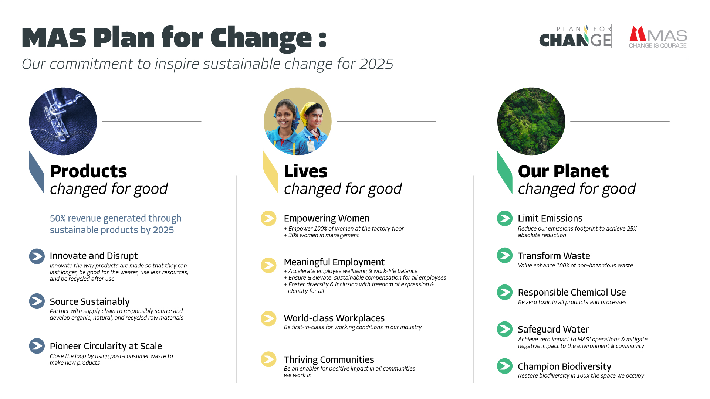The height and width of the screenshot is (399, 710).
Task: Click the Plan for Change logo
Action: coord(575,36)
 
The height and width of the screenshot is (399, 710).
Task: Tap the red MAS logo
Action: coord(658,37)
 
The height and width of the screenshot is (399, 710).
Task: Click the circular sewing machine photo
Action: coord(63,121)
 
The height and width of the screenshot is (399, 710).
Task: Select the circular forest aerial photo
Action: coord(531,121)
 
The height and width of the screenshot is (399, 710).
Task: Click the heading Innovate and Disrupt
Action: coord(94,256)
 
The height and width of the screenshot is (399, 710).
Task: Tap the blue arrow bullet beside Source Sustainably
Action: coord(37,301)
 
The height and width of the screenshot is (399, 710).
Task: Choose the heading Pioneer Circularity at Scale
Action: coord(106,346)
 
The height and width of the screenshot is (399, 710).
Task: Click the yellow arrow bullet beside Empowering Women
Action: coord(268,218)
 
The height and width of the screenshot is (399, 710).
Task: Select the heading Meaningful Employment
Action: coord(334,262)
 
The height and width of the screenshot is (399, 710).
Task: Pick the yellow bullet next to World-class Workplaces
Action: coord(268,318)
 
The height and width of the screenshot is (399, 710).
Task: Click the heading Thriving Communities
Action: coord(329,359)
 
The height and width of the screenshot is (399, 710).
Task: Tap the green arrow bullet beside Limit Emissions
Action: coord(505,218)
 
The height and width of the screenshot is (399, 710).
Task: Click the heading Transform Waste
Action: coord(554,256)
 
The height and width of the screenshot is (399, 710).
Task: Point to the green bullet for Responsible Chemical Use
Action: coord(505,292)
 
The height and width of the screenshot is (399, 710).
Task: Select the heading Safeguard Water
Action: coord(553,329)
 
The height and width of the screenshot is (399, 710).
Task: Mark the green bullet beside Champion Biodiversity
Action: coord(505,366)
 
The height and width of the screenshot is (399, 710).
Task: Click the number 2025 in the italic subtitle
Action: coord(376,64)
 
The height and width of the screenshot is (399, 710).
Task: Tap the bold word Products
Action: coord(88,171)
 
